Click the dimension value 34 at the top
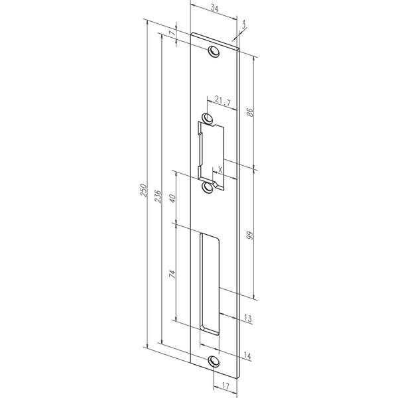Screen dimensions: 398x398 click(x=214, y=9)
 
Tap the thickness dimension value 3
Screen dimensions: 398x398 click(x=243, y=25)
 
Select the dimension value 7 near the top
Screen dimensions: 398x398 click(x=172, y=33)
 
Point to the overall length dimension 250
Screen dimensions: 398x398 click(x=144, y=190)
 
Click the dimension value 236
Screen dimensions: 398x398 click(x=158, y=196)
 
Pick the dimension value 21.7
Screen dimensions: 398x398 click(x=223, y=101)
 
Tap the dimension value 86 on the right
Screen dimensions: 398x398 click(x=250, y=112)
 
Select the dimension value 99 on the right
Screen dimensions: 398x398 click(x=250, y=235)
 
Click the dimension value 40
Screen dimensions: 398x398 click(x=172, y=198)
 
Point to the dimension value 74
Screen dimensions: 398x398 click(x=172, y=274)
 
